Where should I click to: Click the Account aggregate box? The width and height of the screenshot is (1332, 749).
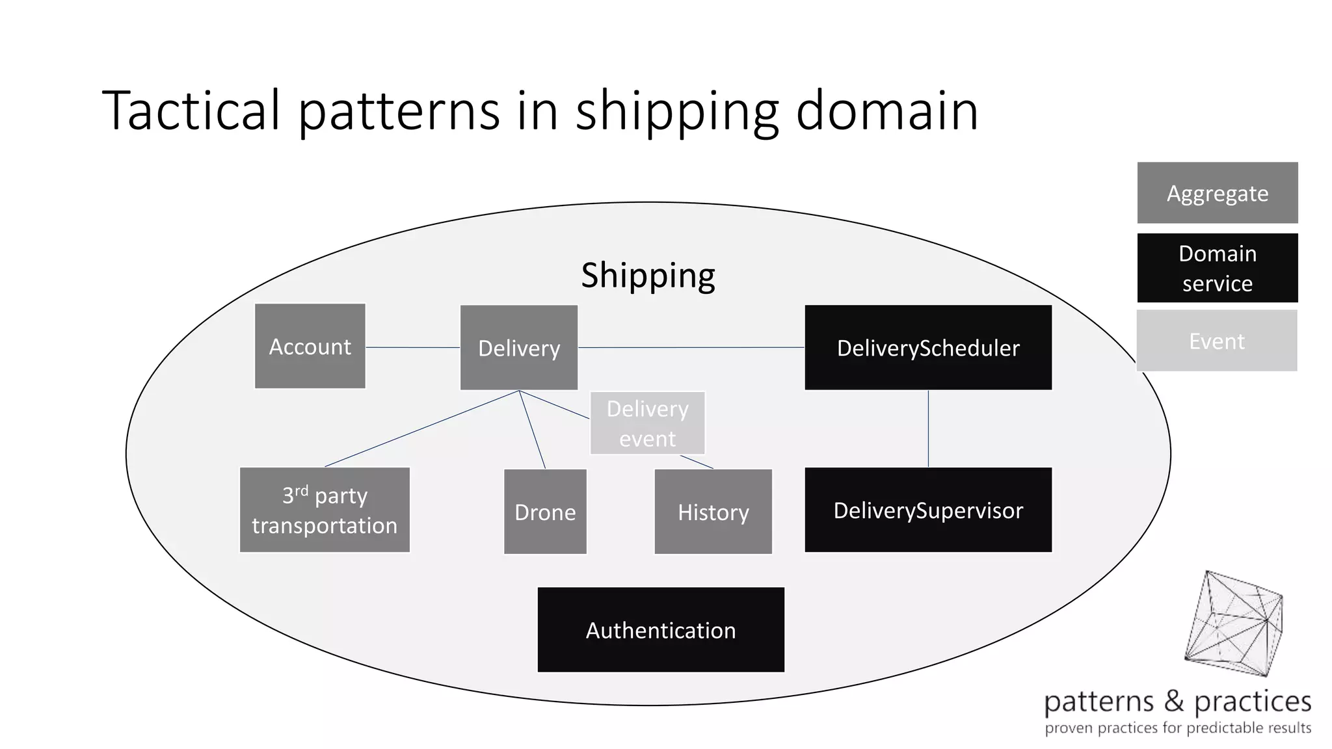click(x=310, y=346)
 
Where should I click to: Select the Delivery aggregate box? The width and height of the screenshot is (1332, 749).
click(x=518, y=347)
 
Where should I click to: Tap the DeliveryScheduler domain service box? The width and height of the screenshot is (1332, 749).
click(x=927, y=347)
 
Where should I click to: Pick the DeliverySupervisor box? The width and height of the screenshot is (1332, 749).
click(x=927, y=510)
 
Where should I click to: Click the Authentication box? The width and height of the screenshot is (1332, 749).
click(x=660, y=629)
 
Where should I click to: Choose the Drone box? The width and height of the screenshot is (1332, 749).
click(x=545, y=512)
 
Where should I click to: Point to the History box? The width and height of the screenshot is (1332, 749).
click(x=713, y=512)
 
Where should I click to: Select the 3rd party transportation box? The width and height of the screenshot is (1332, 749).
click(x=325, y=510)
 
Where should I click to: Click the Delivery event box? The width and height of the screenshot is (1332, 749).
click(x=647, y=423)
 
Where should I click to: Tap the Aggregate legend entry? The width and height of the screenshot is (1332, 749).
click(x=1217, y=193)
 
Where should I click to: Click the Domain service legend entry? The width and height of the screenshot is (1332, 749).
click(x=1217, y=268)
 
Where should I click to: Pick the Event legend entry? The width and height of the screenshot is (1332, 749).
click(x=1216, y=341)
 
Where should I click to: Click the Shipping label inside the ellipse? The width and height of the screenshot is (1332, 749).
click(x=648, y=275)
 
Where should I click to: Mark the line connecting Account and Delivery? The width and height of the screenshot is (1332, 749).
click(x=412, y=347)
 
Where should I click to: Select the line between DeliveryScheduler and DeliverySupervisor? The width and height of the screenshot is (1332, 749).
click(x=928, y=428)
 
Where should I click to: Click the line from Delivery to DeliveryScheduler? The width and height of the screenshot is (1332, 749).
click(x=691, y=347)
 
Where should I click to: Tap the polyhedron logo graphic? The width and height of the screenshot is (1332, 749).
click(x=1233, y=624)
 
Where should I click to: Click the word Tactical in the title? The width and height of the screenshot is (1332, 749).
click(x=192, y=111)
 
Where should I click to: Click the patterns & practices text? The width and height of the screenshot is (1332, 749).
click(x=1177, y=702)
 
